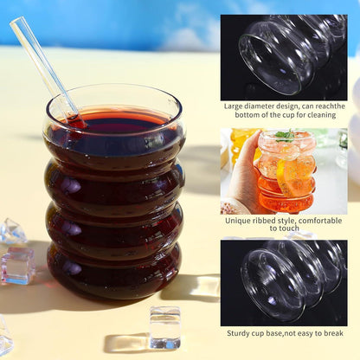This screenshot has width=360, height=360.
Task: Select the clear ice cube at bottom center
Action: (x=164, y=327)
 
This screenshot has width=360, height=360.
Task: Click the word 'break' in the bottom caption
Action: (x=331, y=332)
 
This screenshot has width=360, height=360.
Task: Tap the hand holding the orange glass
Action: (x=245, y=173)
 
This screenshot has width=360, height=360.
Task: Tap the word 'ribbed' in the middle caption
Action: (x=275, y=221)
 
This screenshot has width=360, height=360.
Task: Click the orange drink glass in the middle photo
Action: (x=286, y=177)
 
